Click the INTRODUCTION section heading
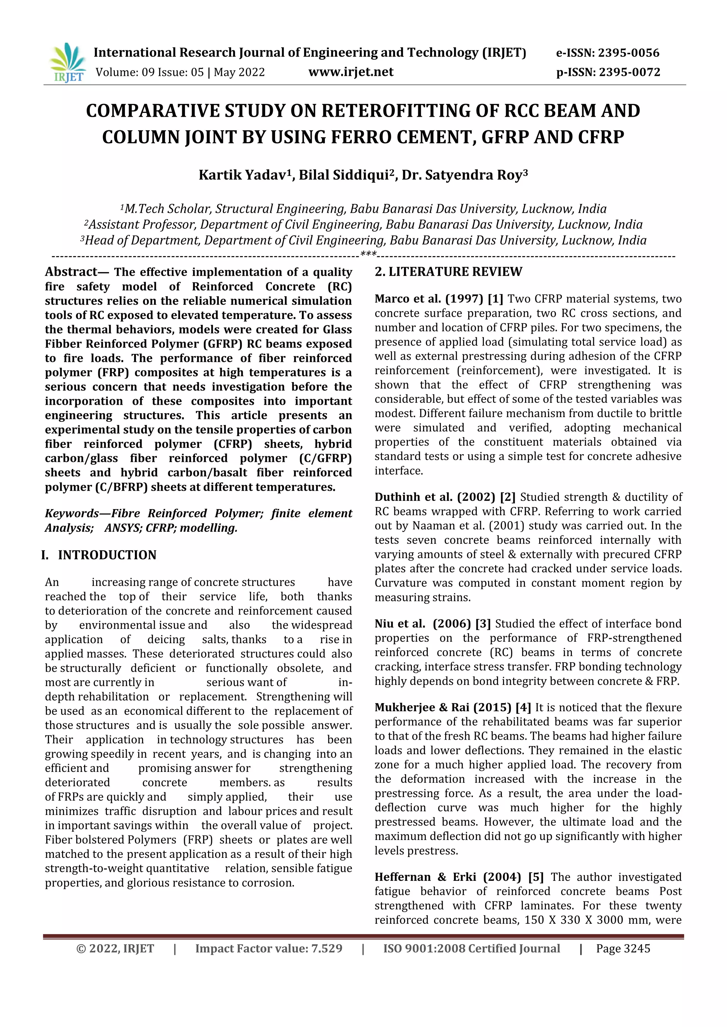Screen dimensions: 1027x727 (106, 555)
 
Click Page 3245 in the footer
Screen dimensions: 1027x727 (623, 949)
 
